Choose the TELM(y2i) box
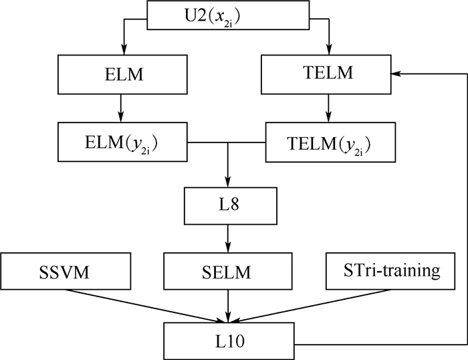coord(327,142)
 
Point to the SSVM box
coord(69,272)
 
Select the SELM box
coord(229,272)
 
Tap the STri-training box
coord(383,272)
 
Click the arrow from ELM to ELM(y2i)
coord(121,107)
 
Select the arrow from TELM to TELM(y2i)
coord(327,107)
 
